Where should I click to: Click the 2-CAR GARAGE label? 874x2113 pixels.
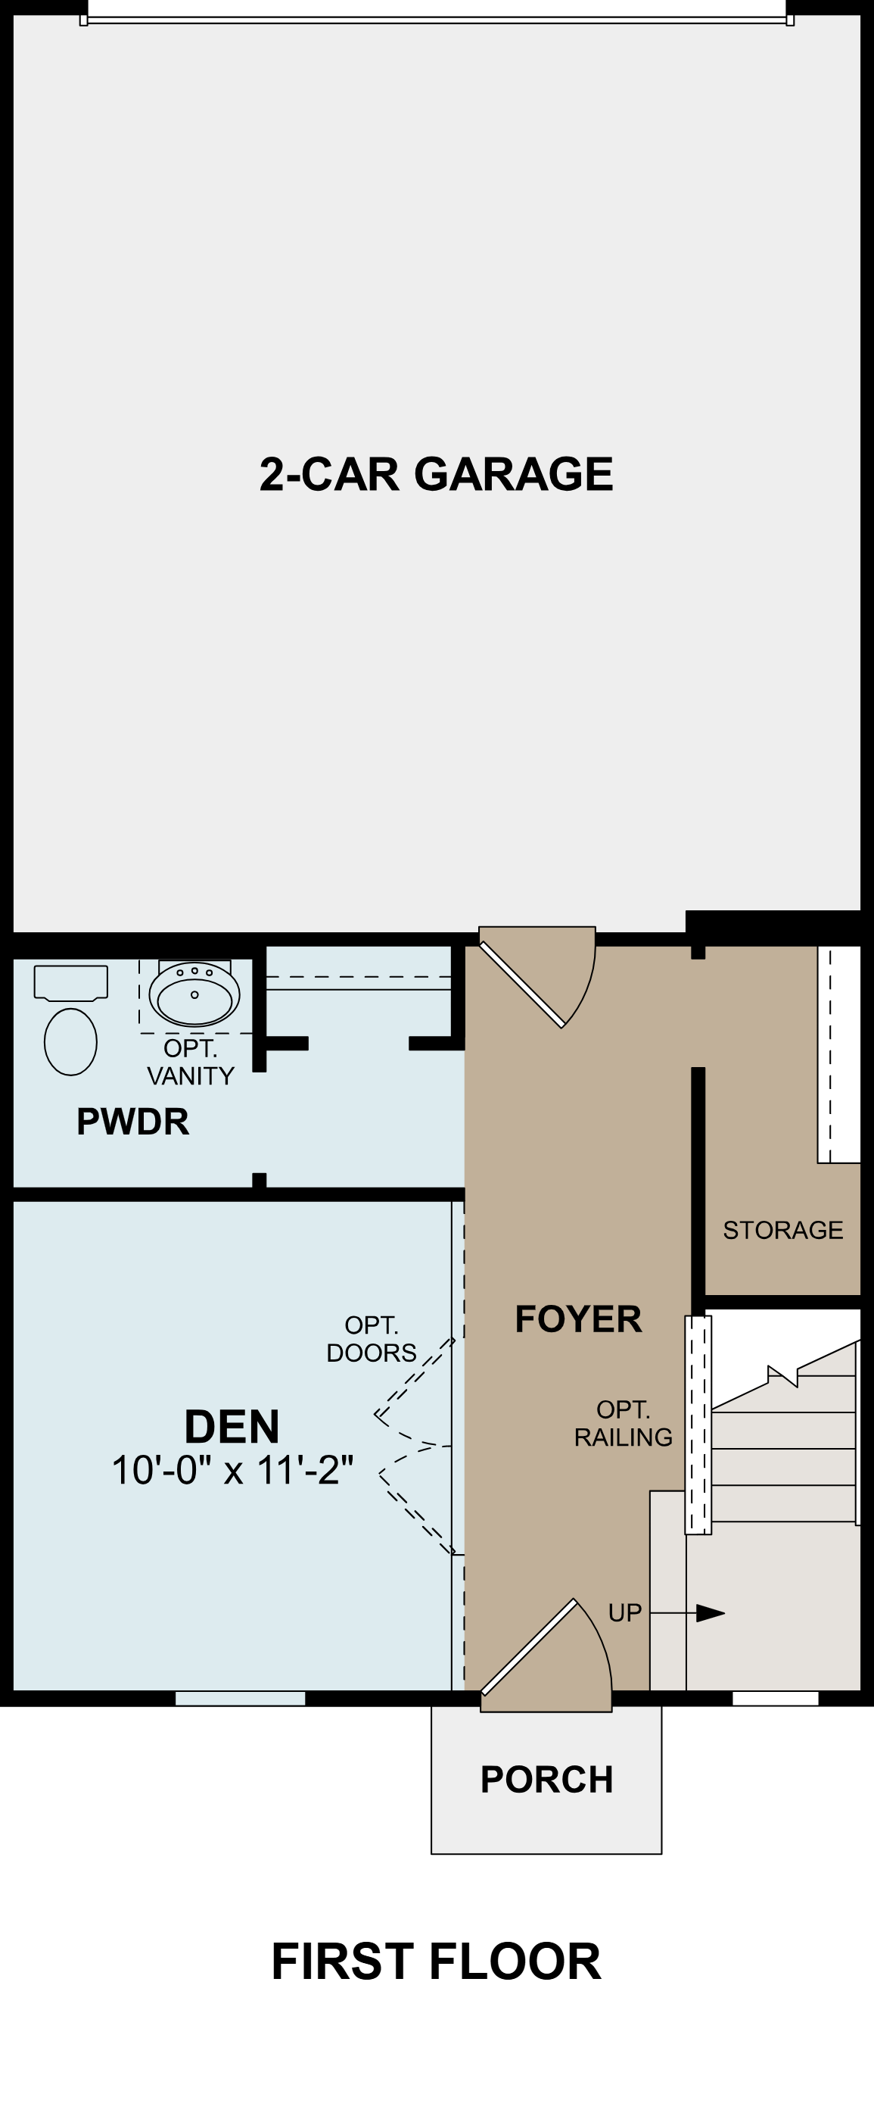click(x=436, y=474)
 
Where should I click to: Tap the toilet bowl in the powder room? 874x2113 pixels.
click(x=70, y=1042)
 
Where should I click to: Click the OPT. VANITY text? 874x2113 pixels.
click(x=190, y=1063)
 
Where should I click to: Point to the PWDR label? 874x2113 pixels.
click(x=133, y=1122)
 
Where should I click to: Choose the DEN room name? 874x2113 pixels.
click(x=232, y=1426)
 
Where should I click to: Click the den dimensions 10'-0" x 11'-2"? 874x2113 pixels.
click(x=232, y=1471)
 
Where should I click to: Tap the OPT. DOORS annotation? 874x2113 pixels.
click(x=372, y=1339)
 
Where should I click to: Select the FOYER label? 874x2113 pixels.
click(x=578, y=1319)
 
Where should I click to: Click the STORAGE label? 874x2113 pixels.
click(x=783, y=1230)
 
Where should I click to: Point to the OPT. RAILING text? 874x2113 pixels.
click(x=623, y=1423)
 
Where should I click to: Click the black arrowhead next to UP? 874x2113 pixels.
click(x=710, y=1613)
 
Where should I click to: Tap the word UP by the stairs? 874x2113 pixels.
click(x=625, y=1612)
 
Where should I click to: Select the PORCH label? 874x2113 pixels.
click(x=547, y=1780)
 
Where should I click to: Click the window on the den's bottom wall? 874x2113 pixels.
click(x=240, y=1698)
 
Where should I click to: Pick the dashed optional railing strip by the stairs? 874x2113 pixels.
click(x=698, y=1425)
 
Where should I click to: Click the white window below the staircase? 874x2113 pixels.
click(x=775, y=1698)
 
